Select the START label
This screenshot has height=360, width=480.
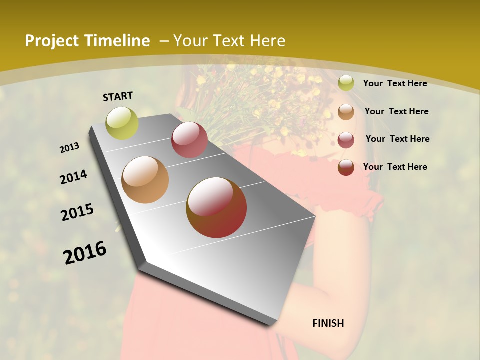pos(118,96)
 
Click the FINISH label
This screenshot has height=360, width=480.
pos(328,323)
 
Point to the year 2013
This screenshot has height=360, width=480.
pos(70,148)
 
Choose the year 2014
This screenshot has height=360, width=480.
pos(74,177)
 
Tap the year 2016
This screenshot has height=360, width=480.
pos(85,253)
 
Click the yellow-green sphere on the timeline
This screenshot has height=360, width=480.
pos(122,123)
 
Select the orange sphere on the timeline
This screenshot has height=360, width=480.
pos(145,180)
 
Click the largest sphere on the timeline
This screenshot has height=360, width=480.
pos(216,207)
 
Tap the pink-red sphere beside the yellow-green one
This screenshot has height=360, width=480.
pos(189,139)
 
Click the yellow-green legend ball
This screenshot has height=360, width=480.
pos(346,83)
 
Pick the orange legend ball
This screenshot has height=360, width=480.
pos(346,111)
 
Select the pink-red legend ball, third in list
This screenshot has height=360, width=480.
pos(346,139)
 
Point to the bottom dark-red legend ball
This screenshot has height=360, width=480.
pos(346,167)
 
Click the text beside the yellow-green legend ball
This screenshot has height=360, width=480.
pos(395,83)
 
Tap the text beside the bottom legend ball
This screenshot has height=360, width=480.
pos(395,167)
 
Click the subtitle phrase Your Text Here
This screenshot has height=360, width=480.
pos(229,41)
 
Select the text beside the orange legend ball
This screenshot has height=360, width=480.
pos(396,111)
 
